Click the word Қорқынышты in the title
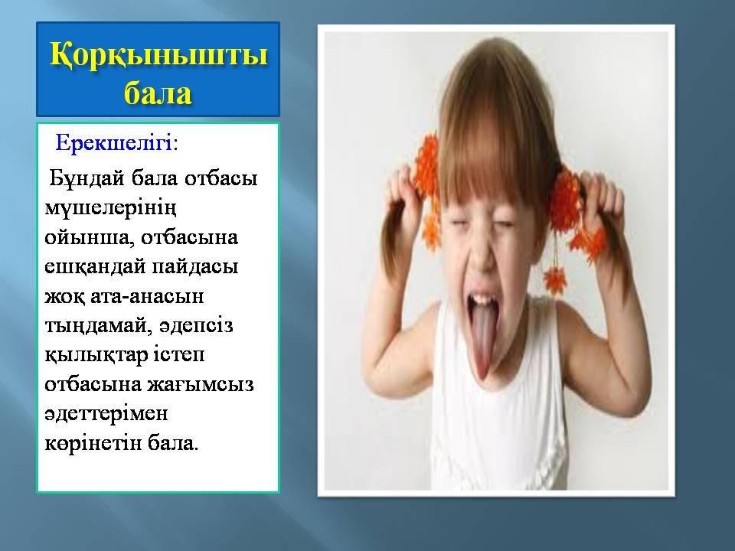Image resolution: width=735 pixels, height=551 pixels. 158,55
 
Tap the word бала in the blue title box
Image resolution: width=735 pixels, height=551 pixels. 158,93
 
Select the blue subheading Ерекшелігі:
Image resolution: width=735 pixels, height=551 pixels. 116,142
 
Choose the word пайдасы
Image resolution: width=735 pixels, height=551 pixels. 195,268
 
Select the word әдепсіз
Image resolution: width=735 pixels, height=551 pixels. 196,326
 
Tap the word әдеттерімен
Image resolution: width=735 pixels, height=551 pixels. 106,414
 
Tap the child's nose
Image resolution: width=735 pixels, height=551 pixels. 477,253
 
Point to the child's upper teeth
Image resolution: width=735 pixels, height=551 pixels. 483,298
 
